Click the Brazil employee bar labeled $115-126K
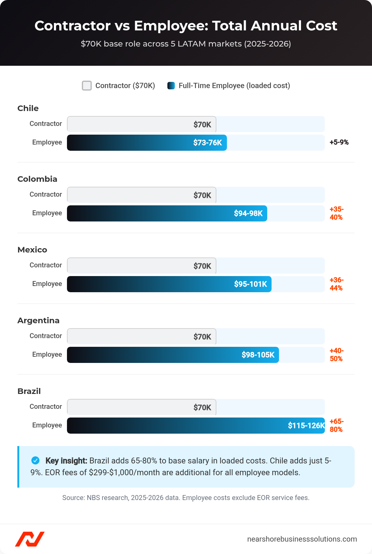click(x=196, y=426)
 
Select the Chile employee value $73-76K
click(x=207, y=143)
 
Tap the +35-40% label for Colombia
click(x=336, y=213)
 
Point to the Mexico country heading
click(x=32, y=250)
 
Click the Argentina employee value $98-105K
click(x=258, y=355)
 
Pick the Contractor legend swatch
click(x=87, y=86)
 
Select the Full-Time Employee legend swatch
click(x=171, y=86)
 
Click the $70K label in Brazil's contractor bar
click(x=202, y=408)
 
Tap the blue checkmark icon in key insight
click(x=36, y=461)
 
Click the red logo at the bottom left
click(x=30, y=539)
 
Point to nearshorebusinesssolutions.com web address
click(x=302, y=539)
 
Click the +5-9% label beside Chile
click(x=339, y=142)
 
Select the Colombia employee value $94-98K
click(x=248, y=213)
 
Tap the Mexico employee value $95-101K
click(x=250, y=284)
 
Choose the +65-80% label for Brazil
click(x=336, y=425)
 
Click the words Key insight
click(x=66, y=461)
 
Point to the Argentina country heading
click(x=38, y=320)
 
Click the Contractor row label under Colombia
click(x=46, y=194)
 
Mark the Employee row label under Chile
click(x=47, y=142)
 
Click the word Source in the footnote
click(x=73, y=498)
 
